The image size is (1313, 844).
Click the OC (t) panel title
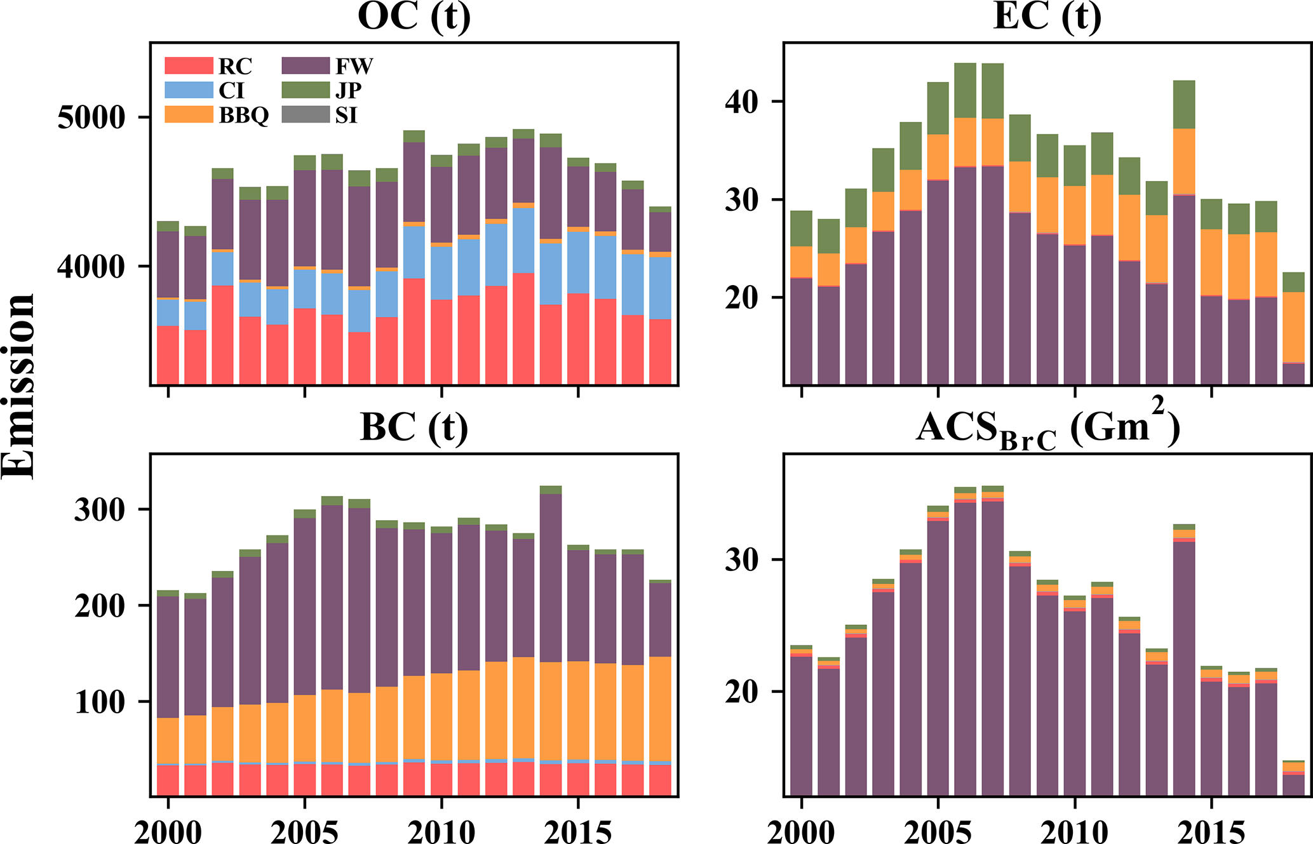click(414, 17)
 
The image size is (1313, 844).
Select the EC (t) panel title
click(1047, 17)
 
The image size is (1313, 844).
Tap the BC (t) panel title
click(414, 427)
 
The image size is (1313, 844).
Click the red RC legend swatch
click(188, 65)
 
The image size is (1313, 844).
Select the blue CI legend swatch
click(188, 90)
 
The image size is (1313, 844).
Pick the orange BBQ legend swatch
click(188, 115)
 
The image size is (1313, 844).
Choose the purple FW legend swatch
click(306, 65)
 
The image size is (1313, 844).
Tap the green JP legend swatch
click(306, 90)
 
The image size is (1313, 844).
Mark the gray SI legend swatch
click(306, 115)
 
